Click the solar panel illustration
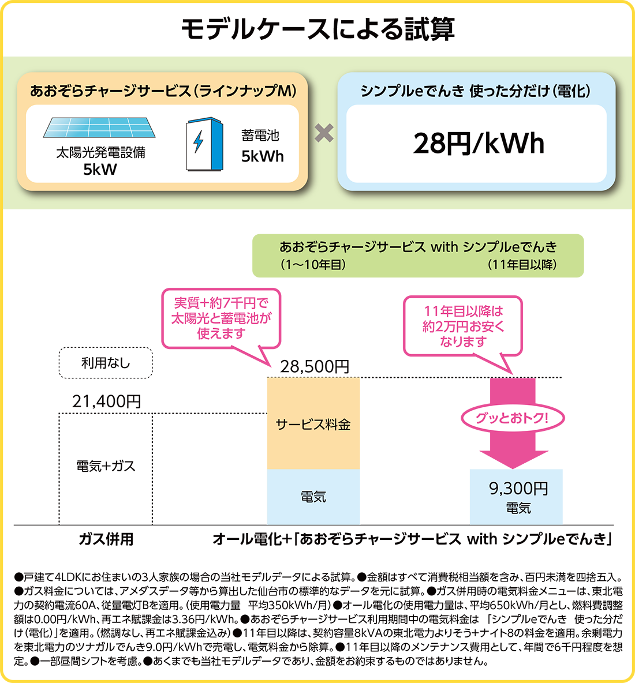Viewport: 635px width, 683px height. coord(99,127)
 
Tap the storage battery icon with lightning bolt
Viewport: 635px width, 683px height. coord(204,145)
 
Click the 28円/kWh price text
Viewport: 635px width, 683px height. coord(479,144)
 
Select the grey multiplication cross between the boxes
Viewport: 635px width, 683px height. coord(324,133)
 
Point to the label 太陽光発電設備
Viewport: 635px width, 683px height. coord(100,153)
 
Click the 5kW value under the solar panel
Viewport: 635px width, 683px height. coord(100,170)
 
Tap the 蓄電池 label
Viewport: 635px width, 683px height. coord(260,136)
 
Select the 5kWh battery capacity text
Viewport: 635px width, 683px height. coord(262,156)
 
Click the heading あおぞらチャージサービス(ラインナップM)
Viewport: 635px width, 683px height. coord(163,91)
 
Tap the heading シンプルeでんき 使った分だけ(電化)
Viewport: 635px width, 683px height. coord(475,91)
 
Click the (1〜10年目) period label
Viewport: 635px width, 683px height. coord(312,265)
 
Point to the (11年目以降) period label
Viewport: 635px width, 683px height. coord(521,265)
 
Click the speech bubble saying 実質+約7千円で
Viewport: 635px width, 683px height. coord(221,318)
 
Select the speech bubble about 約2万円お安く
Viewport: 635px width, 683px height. coord(463,327)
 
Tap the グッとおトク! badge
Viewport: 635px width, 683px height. coord(511,418)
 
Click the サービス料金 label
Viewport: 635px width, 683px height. coord(313,425)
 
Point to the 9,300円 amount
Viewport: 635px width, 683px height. coord(518,489)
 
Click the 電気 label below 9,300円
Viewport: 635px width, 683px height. coord(518,508)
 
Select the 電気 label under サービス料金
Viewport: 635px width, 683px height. coord(313,497)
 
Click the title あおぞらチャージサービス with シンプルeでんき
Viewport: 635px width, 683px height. coord(418,247)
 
